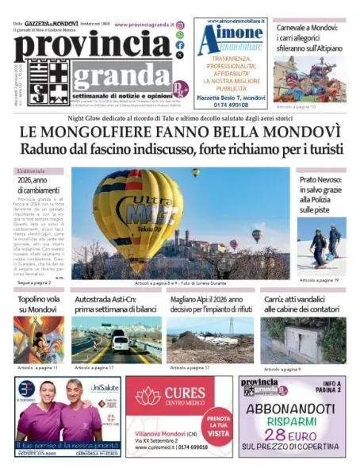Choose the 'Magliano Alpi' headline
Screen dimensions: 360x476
[211, 305]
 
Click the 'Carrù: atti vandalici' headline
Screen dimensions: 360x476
[303, 305]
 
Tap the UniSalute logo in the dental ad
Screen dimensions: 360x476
[104, 388]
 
